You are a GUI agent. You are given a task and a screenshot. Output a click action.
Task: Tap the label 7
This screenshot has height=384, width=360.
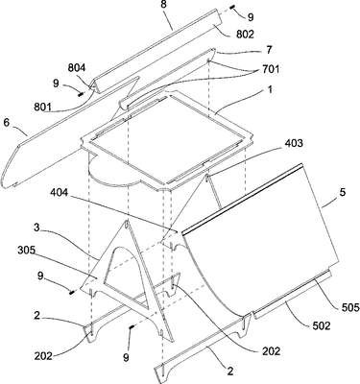click(269, 50)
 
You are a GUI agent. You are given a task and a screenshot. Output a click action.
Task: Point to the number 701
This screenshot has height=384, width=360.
click(271, 69)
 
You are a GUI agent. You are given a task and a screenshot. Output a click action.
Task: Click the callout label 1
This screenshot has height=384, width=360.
click(270, 89)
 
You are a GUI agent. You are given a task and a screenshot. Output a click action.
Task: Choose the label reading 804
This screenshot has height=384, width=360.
click(77, 68)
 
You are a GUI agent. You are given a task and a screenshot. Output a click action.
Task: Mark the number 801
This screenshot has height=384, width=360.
click(43, 107)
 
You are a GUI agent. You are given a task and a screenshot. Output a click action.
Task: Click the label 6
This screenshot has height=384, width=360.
click(7, 122)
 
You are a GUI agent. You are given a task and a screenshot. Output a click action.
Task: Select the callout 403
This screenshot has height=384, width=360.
click(294, 143)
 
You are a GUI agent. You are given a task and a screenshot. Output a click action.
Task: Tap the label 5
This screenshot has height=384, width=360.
click(343, 193)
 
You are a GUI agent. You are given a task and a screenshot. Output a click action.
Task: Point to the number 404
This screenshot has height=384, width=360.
click(60, 194)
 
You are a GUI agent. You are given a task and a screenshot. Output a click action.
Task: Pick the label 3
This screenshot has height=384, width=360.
click(37, 228)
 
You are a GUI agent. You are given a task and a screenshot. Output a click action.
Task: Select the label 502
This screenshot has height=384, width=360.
click(322, 325)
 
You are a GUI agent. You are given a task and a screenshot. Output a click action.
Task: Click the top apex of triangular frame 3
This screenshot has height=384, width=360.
click(128, 221)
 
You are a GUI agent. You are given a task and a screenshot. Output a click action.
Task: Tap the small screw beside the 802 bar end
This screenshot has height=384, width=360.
click(232, 8)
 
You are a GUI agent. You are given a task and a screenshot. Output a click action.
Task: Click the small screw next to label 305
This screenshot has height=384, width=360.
click(72, 291)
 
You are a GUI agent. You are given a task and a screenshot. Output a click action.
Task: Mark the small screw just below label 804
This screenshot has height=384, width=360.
click(81, 94)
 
